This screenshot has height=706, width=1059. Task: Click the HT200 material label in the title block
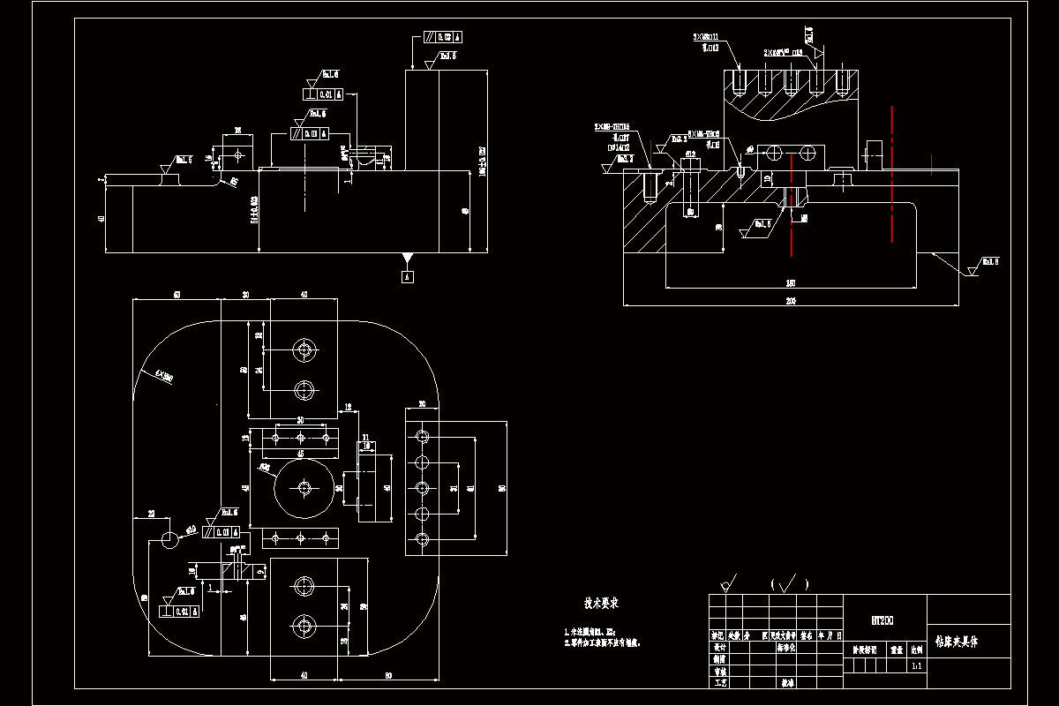(882, 620)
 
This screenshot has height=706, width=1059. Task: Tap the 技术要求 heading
(600, 605)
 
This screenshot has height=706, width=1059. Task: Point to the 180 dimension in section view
(790, 282)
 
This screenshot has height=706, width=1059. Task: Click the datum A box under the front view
(407, 276)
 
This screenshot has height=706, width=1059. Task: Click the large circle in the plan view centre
(303, 487)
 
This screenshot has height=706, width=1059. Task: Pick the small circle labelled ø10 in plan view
(169, 538)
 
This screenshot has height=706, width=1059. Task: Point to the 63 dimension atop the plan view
(176, 294)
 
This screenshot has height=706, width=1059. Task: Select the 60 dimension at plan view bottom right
(388, 676)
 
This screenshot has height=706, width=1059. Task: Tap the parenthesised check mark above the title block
(790, 583)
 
